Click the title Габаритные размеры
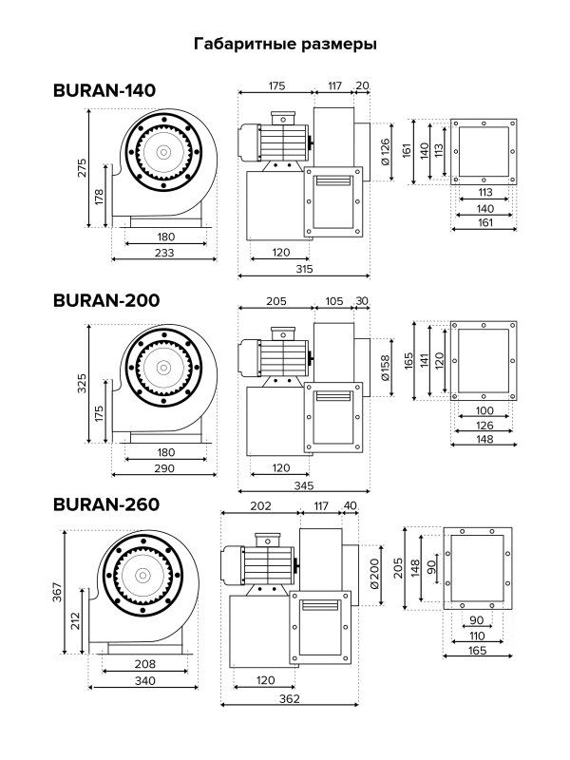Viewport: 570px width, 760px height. [x=285, y=44]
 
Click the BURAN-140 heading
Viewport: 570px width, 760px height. [x=104, y=90]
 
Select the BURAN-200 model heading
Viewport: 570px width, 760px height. [x=106, y=300]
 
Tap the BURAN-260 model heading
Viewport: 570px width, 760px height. [x=106, y=504]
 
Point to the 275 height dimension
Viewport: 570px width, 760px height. [x=83, y=168]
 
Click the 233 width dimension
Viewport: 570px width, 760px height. [x=164, y=252]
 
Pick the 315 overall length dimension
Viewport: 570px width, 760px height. [x=304, y=269]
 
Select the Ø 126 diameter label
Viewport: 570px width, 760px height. [x=385, y=152]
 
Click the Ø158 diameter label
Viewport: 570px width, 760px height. [x=385, y=368]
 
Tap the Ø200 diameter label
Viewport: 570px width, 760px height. [x=373, y=575]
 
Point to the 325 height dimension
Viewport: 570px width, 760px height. [x=83, y=383]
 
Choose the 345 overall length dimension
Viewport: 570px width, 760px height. [x=304, y=484]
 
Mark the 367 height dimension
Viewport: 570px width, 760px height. [x=57, y=592]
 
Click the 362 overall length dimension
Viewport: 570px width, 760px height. [x=290, y=698]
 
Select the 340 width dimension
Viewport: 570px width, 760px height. [x=145, y=680]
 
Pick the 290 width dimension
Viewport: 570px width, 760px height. [x=164, y=468]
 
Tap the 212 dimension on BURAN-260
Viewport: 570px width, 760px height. [x=75, y=621]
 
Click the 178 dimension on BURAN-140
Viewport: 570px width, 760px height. [x=99, y=197]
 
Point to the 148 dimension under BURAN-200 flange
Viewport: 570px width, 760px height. [x=484, y=439]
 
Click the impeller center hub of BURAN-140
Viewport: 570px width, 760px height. [x=163, y=152]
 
